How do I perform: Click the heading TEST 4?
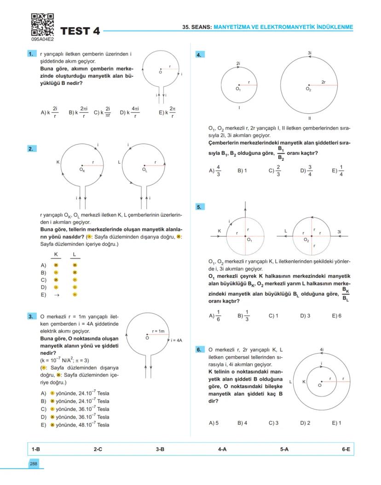tap(80, 31)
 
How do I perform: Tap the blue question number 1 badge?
tap(32, 54)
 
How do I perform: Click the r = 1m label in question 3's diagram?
tap(158, 331)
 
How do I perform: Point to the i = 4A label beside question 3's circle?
tap(176, 340)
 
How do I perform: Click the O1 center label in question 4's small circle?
tap(238, 89)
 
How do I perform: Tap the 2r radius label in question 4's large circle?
tap(323, 82)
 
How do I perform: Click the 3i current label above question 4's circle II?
tap(310, 53)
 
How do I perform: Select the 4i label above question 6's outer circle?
tap(322, 350)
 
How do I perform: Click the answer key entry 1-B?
tap(35, 449)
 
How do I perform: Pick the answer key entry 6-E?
tap(346, 449)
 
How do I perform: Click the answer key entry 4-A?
tap(222, 449)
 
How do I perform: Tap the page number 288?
tap(34, 464)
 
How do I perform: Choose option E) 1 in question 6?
tap(336, 423)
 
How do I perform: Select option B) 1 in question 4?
tap(242, 170)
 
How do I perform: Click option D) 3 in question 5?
tap(306, 316)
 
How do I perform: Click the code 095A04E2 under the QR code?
tap(42, 40)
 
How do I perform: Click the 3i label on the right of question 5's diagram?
tap(339, 232)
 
